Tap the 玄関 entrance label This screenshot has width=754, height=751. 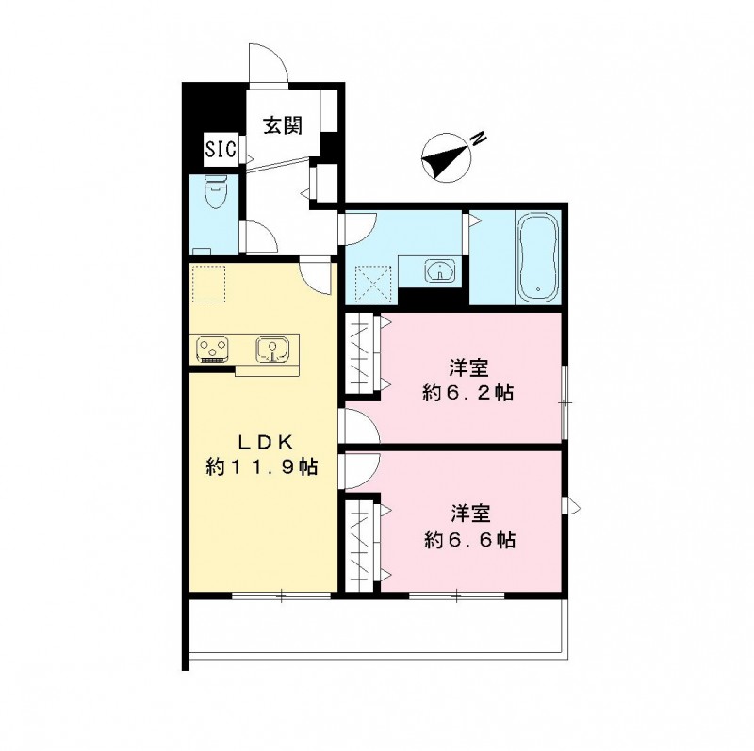(x=280, y=122)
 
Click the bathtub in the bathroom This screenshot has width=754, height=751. (x=539, y=255)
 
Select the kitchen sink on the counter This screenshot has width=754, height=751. (x=272, y=350)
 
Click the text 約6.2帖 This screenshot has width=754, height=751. (x=468, y=393)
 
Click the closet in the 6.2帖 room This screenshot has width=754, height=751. (x=362, y=353)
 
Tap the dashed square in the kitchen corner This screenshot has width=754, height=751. (x=208, y=284)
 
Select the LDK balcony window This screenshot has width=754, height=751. (x=281, y=596)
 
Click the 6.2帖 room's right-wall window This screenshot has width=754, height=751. (x=563, y=401)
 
